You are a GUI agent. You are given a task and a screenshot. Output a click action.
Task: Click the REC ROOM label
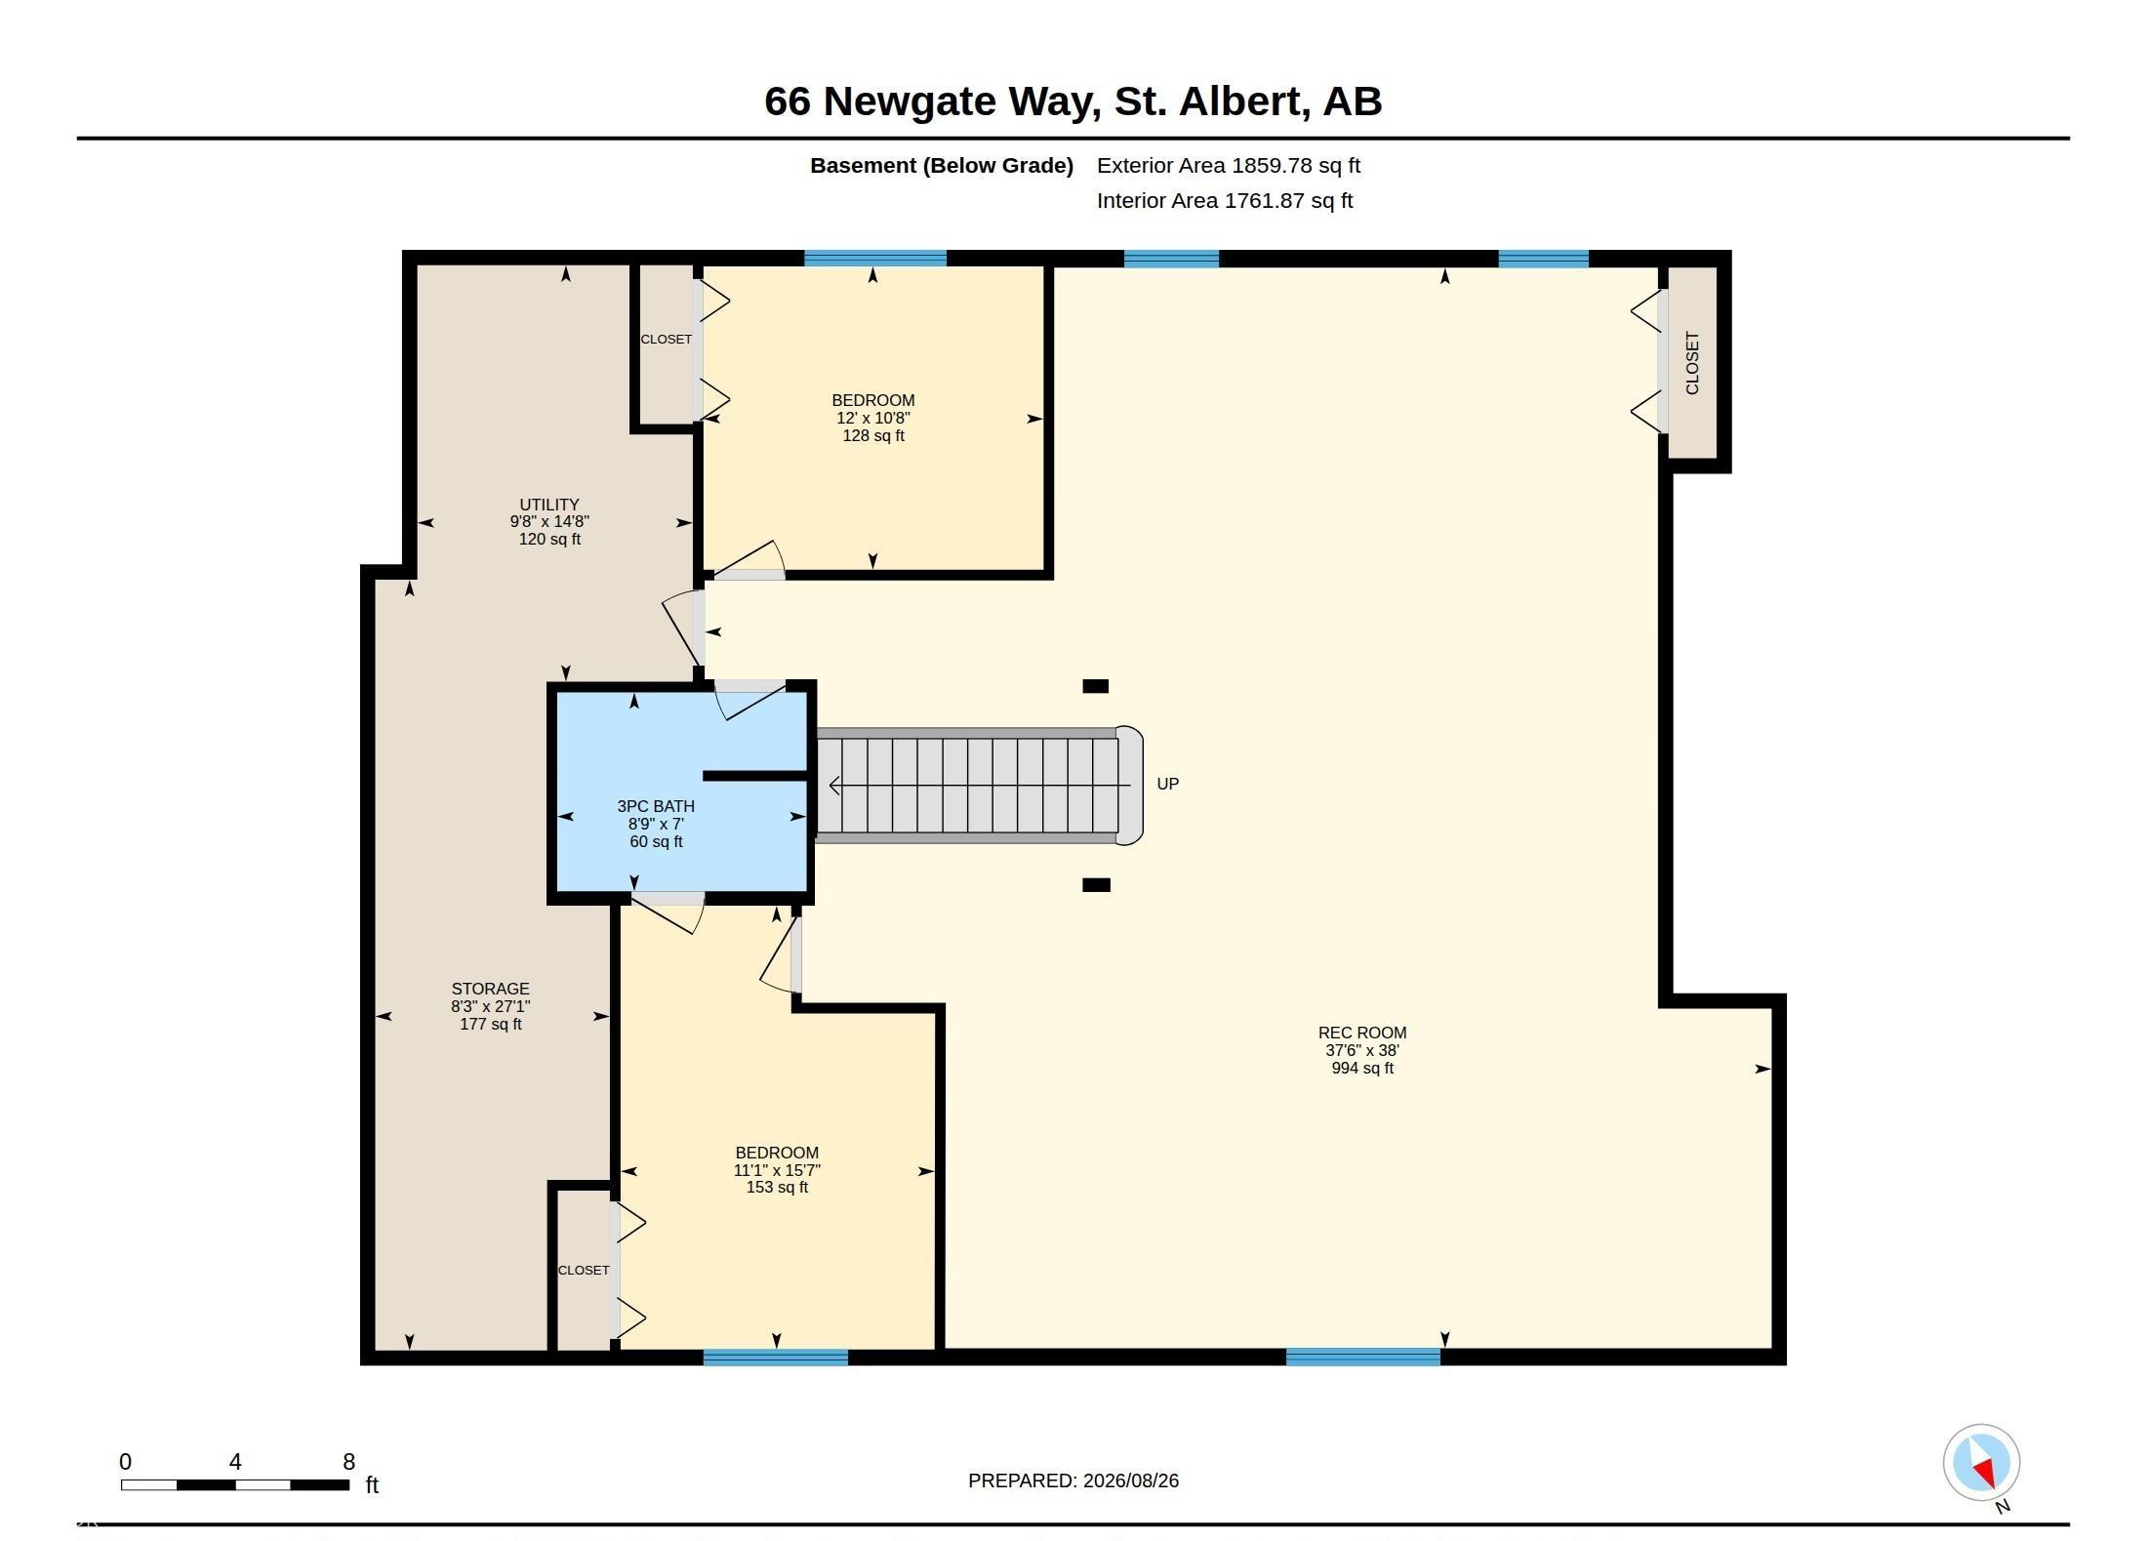1362,1050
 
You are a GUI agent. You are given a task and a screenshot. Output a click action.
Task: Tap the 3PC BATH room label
656,824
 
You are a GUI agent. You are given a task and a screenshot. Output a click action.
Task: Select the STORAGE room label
490,1006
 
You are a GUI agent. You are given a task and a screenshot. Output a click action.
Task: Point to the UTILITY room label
549,522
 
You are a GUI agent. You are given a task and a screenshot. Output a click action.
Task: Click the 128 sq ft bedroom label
873,418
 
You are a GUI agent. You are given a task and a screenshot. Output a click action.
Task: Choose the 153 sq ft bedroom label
777,1169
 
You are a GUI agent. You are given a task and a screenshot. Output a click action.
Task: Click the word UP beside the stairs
1167,784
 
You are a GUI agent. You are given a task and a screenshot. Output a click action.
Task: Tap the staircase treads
967,786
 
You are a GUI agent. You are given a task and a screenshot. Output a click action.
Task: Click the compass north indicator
1981,1463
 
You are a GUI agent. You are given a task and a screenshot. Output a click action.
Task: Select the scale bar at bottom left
234,1484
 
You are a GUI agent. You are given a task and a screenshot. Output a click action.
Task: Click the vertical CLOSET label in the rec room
1692,363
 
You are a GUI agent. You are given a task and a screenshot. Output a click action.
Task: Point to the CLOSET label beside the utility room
666,340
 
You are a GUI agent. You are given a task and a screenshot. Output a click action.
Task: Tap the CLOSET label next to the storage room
584,1270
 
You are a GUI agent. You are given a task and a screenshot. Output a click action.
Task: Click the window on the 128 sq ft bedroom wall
875,259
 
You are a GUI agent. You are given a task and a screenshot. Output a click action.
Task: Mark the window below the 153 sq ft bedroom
776,1358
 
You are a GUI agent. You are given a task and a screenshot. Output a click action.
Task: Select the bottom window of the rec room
1363,1358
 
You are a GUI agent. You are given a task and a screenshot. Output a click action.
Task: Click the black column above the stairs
1096,686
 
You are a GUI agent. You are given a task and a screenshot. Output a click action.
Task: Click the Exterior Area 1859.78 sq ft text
1229,166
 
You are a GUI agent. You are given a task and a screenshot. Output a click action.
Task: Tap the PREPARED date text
1073,1480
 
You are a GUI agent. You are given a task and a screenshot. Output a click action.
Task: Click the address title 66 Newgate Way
1073,101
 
